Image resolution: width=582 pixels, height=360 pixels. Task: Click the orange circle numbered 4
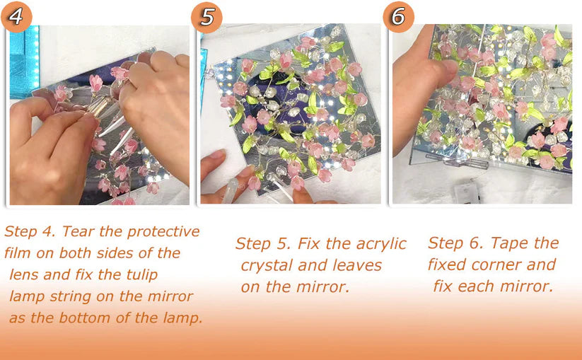coord(16,16)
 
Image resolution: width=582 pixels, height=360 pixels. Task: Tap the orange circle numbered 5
coord(206,16)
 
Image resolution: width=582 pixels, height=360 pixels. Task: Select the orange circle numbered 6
coord(398,16)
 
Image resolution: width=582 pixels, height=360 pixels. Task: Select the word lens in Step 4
coord(26,274)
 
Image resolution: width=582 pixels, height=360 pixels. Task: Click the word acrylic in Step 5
coord(380,244)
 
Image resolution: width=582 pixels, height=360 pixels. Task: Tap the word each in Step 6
coord(482,287)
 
